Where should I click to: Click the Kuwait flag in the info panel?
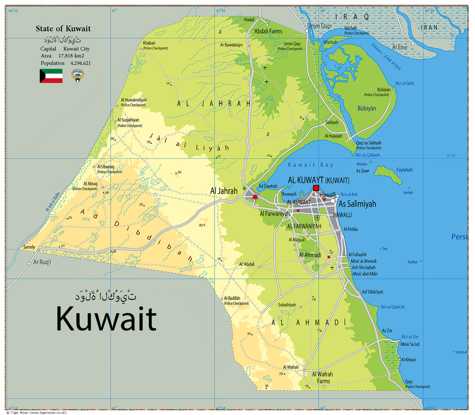[x=51, y=76]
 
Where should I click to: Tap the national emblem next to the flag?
[x=78, y=75]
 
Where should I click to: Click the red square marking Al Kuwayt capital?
[x=316, y=188]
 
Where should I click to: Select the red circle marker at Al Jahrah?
[x=255, y=197]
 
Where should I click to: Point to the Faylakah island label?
[x=404, y=170]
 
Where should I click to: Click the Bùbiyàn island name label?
[x=367, y=109]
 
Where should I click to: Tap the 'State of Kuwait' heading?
[x=63, y=29]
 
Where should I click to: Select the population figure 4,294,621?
[x=80, y=63]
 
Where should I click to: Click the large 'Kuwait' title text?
[x=106, y=319]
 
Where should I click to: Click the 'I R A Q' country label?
[x=352, y=17]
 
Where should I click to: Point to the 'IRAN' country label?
[x=429, y=28]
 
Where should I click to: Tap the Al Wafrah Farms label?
[x=322, y=377]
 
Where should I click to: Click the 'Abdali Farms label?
[x=268, y=31]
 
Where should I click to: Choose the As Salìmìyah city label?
[x=357, y=204]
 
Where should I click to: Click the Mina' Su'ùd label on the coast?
[x=410, y=344]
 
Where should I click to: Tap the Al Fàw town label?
[x=399, y=47]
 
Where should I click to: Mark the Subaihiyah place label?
[x=287, y=305]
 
